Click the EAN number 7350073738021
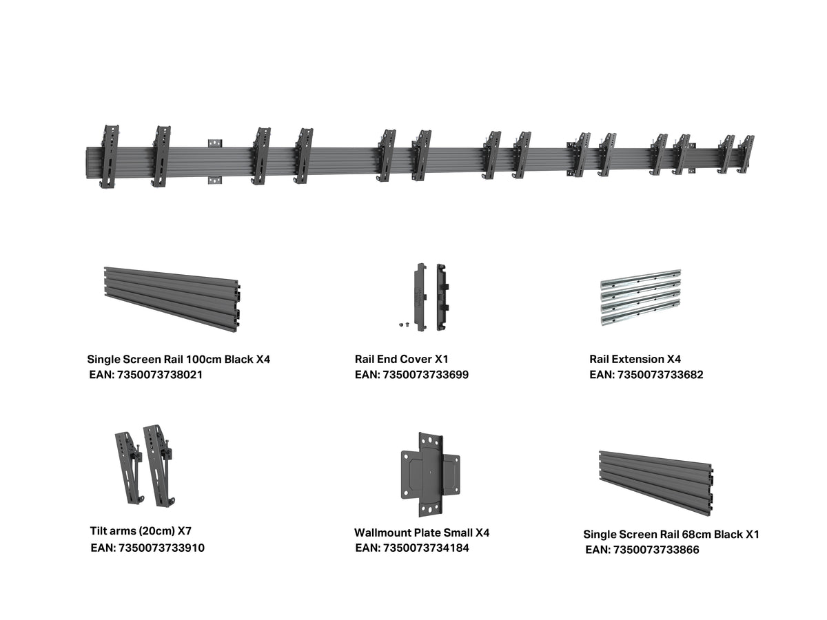point(160,375)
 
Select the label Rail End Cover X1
point(401,359)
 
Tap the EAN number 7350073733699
point(425,375)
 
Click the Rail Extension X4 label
point(635,359)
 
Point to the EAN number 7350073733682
point(660,375)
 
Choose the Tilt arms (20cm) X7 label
point(141,531)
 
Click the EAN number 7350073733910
point(162,548)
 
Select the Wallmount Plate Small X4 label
point(422,533)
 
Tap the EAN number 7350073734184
point(426,548)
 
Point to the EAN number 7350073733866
point(656,550)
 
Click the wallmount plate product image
point(430,475)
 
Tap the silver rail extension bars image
point(640,298)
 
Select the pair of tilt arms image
point(145,466)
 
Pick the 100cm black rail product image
point(172,300)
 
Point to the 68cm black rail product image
point(655,483)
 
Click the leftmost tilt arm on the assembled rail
point(110,156)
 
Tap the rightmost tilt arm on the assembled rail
point(745,154)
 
